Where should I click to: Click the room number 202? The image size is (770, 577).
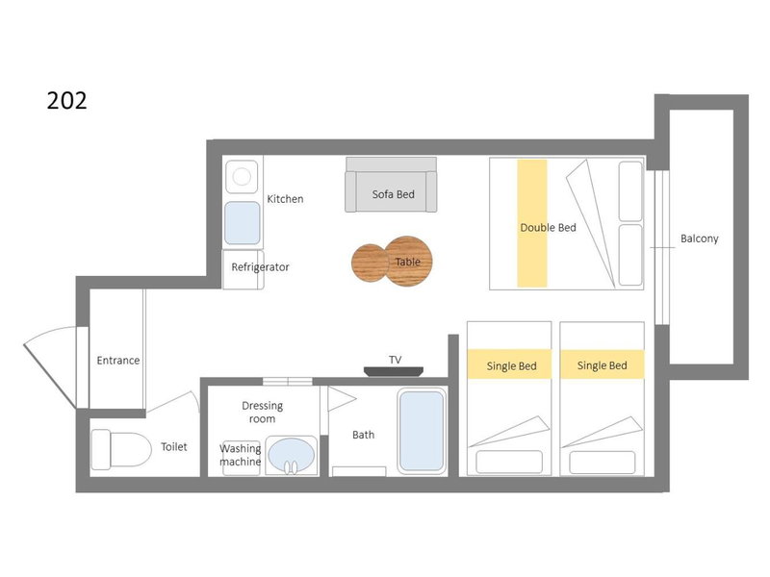pyautogui.click(x=66, y=100)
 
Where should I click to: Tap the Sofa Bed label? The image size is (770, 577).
pyautogui.click(x=393, y=194)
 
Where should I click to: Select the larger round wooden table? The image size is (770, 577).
pyautogui.click(x=408, y=261)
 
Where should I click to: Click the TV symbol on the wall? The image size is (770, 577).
pyautogui.click(x=394, y=371)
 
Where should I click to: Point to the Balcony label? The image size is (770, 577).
pyautogui.click(x=700, y=238)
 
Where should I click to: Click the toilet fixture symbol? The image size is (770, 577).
pyautogui.click(x=121, y=449)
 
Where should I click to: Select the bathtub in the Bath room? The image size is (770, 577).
pyautogui.click(x=422, y=431)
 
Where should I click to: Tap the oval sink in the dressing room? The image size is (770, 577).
pyautogui.click(x=292, y=456)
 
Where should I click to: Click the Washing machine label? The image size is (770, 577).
pyautogui.click(x=240, y=455)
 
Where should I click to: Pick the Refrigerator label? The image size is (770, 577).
pyautogui.click(x=260, y=267)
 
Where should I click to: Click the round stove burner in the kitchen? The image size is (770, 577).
pyautogui.click(x=242, y=177)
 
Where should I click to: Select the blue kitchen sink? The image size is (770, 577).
pyautogui.click(x=243, y=223)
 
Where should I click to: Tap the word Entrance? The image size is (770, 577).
pyautogui.click(x=117, y=361)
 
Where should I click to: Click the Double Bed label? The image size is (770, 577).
pyautogui.click(x=548, y=228)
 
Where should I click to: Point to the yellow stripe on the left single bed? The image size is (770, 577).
pyautogui.click(x=509, y=364)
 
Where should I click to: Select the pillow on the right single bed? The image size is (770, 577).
pyautogui.click(x=603, y=463)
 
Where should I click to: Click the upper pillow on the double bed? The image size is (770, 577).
pyautogui.click(x=630, y=191)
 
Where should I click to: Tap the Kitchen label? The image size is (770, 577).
pyautogui.click(x=285, y=199)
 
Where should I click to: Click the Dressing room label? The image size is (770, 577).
pyautogui.click(x=262, y=413)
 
